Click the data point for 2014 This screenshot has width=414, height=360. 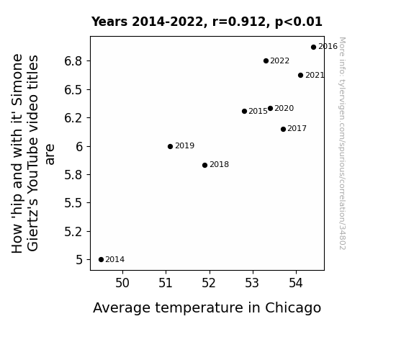coord(101,260)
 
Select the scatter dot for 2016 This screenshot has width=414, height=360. coord(313,48)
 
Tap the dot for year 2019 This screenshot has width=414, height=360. coord(171,146)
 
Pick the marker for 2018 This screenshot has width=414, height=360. coord(204,165)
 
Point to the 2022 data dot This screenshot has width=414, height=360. coord(266,61)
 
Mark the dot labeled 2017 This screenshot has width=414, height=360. coord(283,129)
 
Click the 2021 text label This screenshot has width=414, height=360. coord(315,76)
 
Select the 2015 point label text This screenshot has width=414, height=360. coord(258,111)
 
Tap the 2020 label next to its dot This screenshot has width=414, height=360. coord(284,108)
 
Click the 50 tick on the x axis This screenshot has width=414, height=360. coord(122,283)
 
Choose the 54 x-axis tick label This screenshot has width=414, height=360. coord(296,283)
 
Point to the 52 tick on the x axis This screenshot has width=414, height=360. coord(209,283)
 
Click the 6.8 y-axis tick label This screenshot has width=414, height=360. coord(73,61)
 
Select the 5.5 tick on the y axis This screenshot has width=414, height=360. coord(73,203)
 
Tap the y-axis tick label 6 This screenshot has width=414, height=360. coord(79,146)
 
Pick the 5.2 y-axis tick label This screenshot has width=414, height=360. coord(73,231)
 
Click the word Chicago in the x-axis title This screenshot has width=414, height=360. coord(293,308)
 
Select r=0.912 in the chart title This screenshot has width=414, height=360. coord(239,22)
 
